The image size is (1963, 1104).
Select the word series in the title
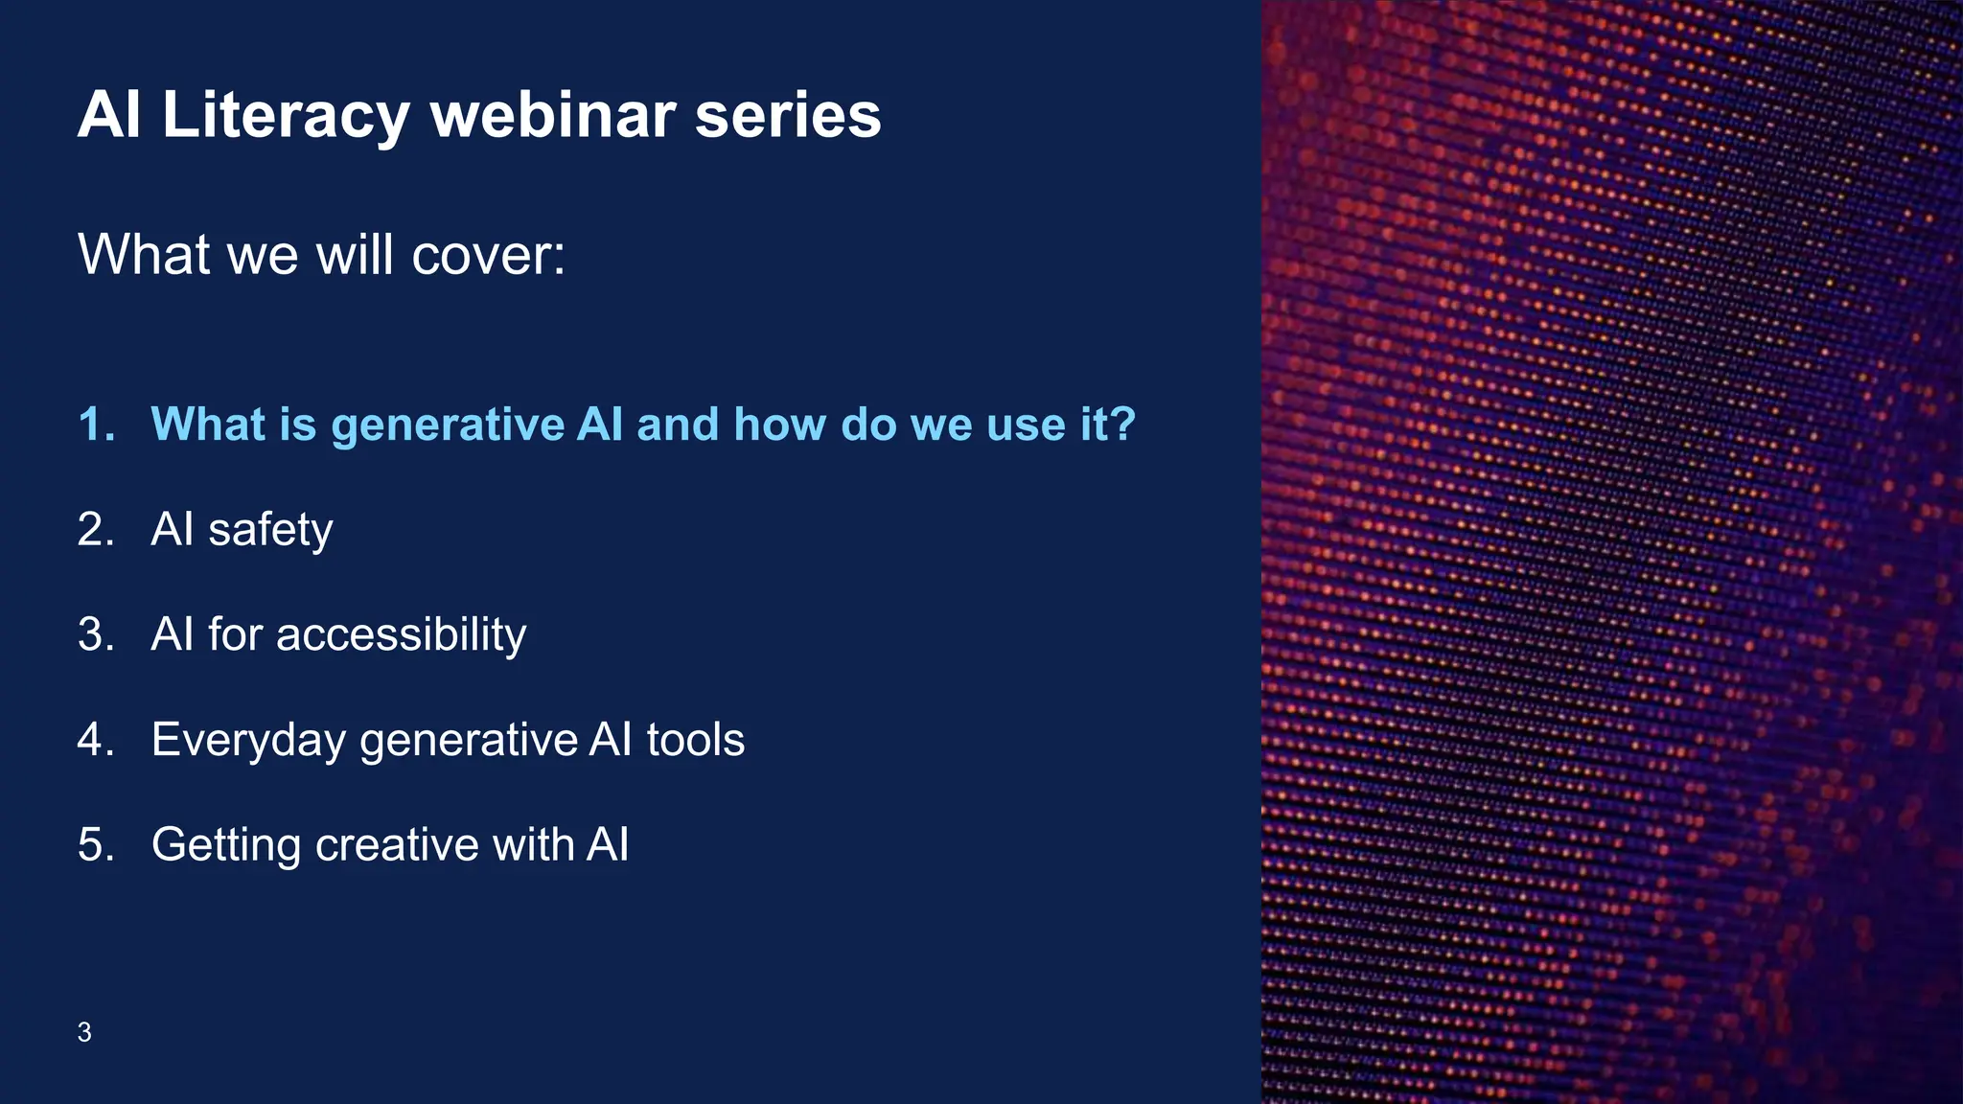click(787, 115)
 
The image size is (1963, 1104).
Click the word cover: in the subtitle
click(488, 255)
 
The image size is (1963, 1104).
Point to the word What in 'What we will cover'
click(144, 255)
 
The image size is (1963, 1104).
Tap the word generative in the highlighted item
click(448, 425)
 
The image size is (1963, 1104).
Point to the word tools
click(695, 740)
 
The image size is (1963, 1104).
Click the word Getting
click(226, 846)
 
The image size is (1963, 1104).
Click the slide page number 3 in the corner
click(84, 1032)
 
